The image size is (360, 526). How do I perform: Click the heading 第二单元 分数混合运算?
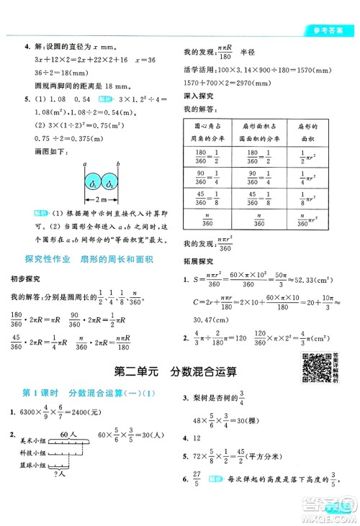176,372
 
